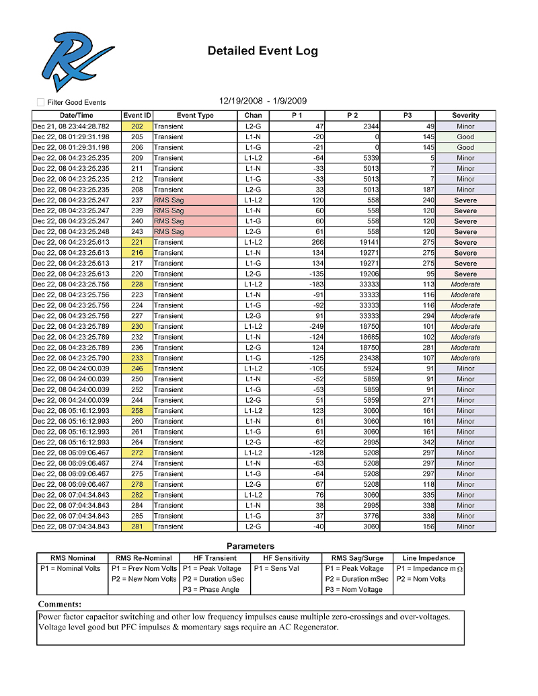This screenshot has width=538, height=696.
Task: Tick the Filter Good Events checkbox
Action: point(41,102)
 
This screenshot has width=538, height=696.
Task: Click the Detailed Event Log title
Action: point(262,51)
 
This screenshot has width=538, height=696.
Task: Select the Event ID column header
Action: point(137,116)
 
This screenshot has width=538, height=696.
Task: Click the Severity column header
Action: point(465,116)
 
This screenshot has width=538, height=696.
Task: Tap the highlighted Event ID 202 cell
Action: point(137,126)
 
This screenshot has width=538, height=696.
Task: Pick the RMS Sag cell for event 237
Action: point(194,200)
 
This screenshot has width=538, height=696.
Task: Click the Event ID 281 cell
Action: point(137,527)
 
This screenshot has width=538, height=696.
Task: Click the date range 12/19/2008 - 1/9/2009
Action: point(263,101)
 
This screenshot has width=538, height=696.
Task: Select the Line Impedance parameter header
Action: point(428,558)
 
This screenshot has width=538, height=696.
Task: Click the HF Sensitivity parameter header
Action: point(286,558)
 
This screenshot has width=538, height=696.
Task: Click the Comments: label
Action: point(60,605)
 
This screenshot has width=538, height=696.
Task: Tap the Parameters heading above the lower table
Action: point(250,546)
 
